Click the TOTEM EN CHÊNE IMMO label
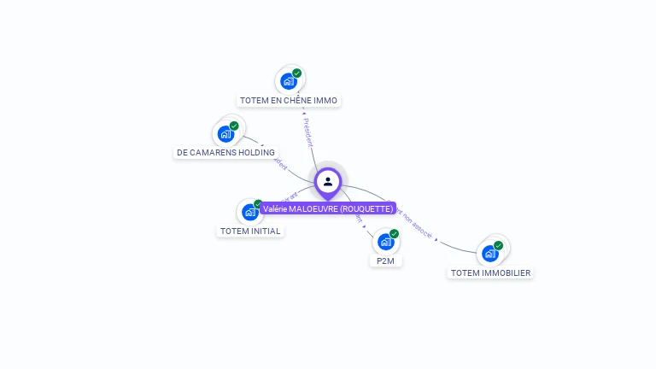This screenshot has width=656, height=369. [x=289, y=101]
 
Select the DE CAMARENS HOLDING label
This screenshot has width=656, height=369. [x=225, y=153]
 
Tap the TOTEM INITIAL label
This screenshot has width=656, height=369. [x=250, y=231]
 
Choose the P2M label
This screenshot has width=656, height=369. [x=385, y=261]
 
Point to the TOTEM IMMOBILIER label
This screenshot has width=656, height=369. [x=490, y=273]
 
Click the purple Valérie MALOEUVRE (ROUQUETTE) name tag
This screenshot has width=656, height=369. [x=328, y=209]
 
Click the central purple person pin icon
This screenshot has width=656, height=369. [x=328, y=182]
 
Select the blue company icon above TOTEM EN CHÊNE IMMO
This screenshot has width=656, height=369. [x=289, y=82]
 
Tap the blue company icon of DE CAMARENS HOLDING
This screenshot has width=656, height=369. [x=225, y=134]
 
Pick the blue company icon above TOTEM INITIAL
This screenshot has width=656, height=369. [x=249, y=212]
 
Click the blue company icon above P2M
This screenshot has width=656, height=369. [x=385, y=242]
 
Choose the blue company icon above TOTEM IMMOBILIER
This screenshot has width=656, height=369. [x=489, y=254]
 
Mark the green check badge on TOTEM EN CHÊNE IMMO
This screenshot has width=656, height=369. [x=297, y=73]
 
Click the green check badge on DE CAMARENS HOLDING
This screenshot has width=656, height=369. [x=234, y=126]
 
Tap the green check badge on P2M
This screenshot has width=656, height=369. [x=394, y=233]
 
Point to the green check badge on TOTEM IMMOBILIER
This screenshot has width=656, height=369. [x=498, y=245]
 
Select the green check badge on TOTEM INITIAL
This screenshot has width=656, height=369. [x=258, y=204]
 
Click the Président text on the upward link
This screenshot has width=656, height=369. [x=307, y=132]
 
